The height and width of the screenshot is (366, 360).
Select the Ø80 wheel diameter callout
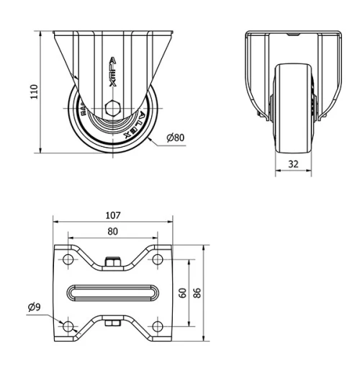[176, 138]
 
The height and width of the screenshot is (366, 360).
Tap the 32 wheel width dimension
[293, 164]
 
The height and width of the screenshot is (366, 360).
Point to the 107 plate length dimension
[112, 215]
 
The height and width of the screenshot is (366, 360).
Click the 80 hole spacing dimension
[112, 232]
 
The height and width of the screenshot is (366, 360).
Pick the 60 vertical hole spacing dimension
[183, 293]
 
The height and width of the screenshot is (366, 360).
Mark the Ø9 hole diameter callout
[34, 308]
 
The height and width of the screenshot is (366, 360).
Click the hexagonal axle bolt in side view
[112, 110]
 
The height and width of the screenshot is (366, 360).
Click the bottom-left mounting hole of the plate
[68, 328]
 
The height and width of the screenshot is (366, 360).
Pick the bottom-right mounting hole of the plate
[157, 328]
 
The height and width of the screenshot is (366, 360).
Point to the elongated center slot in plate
[112, 293]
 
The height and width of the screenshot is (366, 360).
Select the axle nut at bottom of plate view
[112, 323]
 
